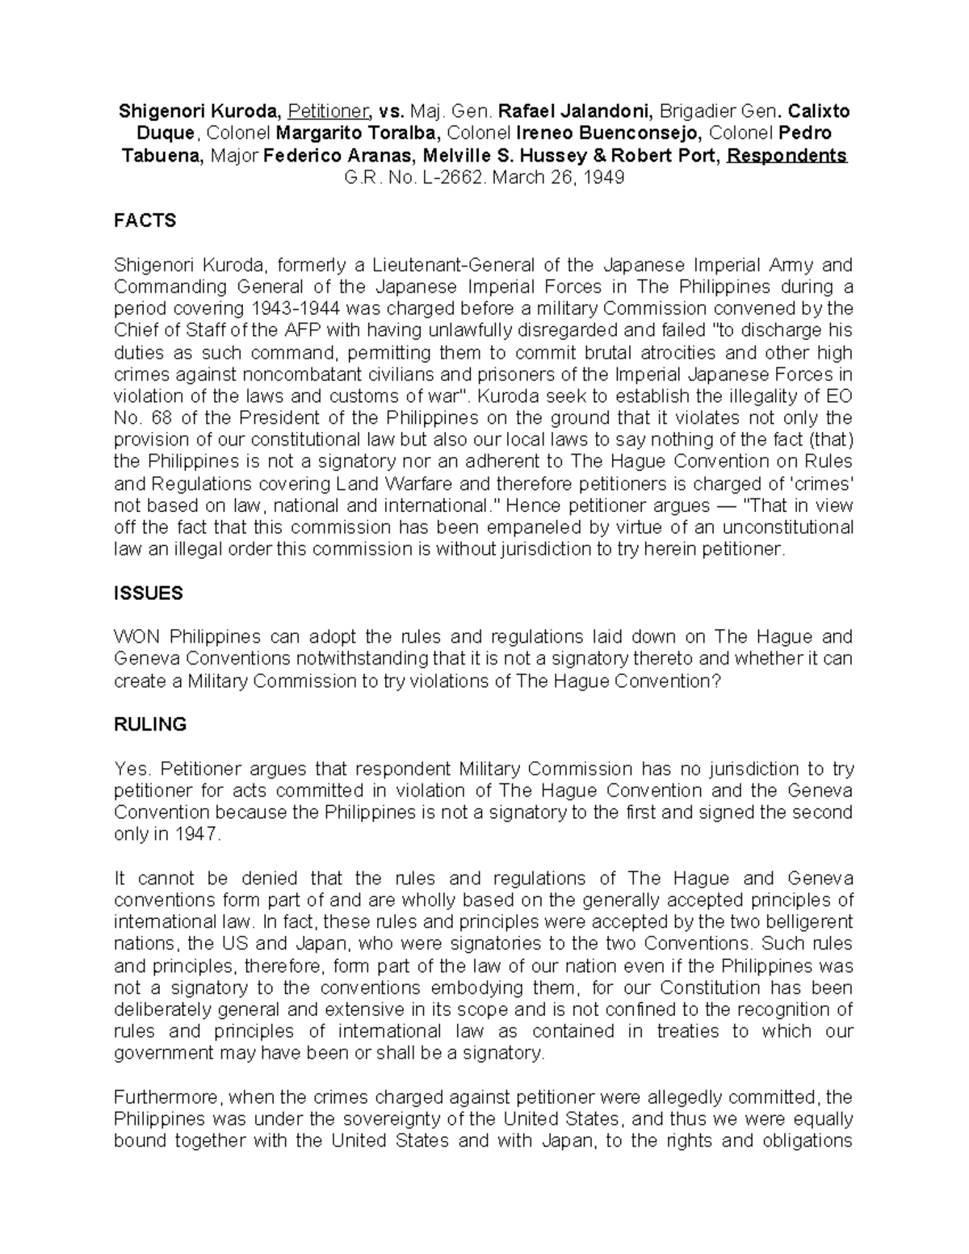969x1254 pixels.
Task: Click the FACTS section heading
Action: tap(145, 220)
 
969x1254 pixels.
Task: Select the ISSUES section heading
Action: tap(149, 593)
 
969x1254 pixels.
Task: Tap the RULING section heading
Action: tap(150, 724)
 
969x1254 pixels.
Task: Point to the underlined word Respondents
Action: tap(787, 156)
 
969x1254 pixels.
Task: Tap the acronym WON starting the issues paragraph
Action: tap(137, 636)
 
